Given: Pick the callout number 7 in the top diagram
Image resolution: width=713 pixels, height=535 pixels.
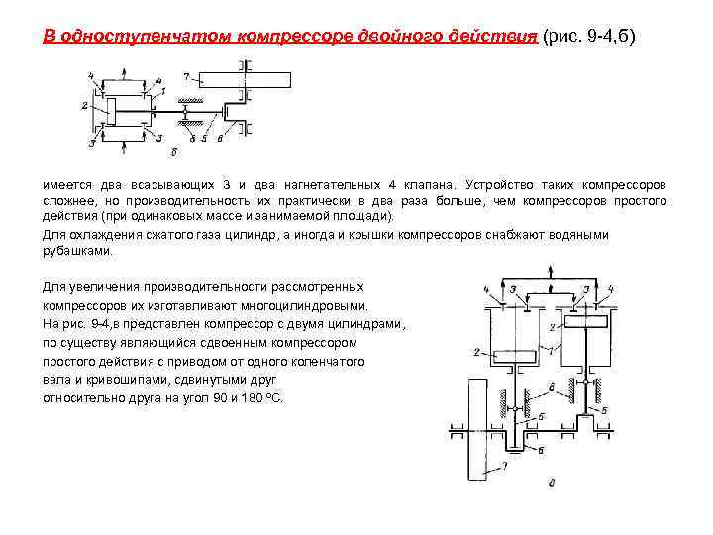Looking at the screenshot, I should pyautogui.click(x=184, y=75).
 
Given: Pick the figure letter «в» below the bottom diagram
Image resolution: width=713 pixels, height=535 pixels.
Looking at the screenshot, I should pyautogui.click(x=551, y=483).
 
